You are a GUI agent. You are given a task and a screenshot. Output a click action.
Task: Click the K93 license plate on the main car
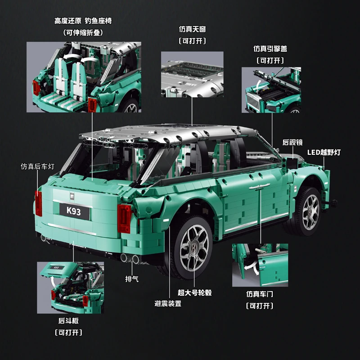pos(74,211)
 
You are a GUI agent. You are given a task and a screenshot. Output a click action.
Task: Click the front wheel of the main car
pos(305,211)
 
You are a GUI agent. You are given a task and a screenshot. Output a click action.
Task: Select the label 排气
pos(132,279)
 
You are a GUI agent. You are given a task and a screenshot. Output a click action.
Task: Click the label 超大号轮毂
pos(194,292)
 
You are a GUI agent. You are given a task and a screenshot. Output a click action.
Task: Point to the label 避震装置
pos(168,303)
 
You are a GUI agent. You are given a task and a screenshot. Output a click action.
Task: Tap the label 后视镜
pos(292,142)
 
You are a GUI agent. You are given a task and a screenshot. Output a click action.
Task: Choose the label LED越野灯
pos(324,152)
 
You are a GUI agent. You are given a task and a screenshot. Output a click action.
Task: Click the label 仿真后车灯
pos(37,166)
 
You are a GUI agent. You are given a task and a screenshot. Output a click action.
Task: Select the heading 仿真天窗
pos(192,29)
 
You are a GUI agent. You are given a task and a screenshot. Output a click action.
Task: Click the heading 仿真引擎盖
pos(270,49)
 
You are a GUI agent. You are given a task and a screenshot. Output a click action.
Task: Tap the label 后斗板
pos(68,320)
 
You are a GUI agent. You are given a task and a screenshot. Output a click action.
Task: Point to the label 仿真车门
pos(260,294)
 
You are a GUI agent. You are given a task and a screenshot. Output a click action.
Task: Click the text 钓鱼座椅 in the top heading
pos(98,21)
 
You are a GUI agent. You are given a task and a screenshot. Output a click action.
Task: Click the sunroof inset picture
pos(192,74)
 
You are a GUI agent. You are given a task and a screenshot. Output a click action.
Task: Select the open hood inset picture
pos(271,90)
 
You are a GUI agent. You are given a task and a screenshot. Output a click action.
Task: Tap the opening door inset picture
pos(260,265)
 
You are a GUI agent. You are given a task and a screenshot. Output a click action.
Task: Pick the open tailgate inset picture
pos(70,288)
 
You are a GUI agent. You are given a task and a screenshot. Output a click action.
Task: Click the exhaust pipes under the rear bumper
pos(130,258)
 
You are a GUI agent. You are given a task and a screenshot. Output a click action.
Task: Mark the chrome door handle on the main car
pos(260,186)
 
